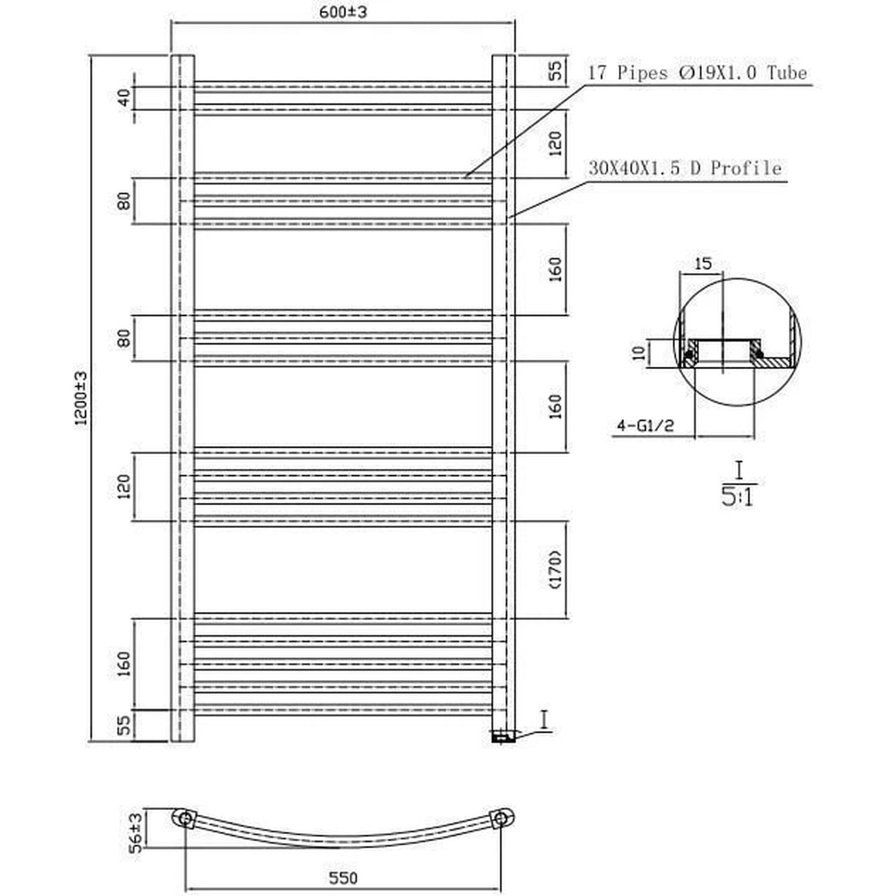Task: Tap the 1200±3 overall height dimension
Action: tap(81, 398)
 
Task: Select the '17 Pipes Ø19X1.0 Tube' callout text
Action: tap(698, 73)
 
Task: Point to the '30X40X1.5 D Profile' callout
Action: tap(685, 168)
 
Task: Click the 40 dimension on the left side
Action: tap(124, 97)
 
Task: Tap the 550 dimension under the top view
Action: tap(343, 877)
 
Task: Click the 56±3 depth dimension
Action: tap(136, 831)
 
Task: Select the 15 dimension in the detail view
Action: tap(704, 263)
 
